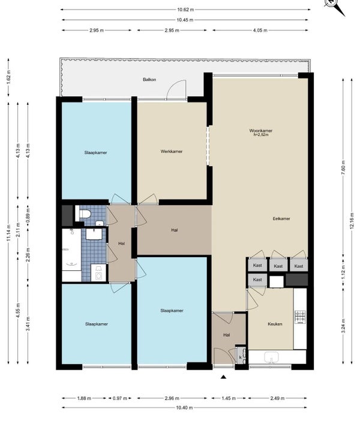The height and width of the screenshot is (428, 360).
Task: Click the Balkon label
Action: tap(149, 80)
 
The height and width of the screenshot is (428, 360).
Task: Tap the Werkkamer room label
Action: tap(171, 151)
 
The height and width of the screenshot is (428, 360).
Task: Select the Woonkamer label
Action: tap(260, 131)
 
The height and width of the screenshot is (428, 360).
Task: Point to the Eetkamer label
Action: tap(281, 219)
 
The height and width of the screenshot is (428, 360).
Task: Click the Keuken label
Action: tap(275, 324)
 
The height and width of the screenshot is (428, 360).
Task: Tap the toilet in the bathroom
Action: tap(85, 214)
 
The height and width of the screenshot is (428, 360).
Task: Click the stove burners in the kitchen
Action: tap(300, 317)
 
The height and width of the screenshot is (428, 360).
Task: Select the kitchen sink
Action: tap(271, 358)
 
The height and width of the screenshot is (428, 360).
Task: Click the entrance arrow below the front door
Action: tap(223, 377)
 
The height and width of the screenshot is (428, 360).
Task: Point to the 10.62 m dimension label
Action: tap(185, 10)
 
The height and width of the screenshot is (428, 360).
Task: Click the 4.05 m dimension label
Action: tap(260, 31)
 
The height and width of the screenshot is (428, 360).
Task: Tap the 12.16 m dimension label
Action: tap(352, 221)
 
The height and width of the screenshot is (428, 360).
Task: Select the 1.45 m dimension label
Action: tap(229, 398)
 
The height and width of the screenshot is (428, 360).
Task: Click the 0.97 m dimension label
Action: tap(120, 398)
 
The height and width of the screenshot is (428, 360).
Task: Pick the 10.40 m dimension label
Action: tap(184, 408)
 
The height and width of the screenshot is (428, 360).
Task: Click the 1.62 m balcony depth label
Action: tap(8, 78)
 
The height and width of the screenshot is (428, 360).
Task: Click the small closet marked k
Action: tap(241, 357)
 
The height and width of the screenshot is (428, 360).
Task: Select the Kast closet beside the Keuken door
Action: tap(257, 280)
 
